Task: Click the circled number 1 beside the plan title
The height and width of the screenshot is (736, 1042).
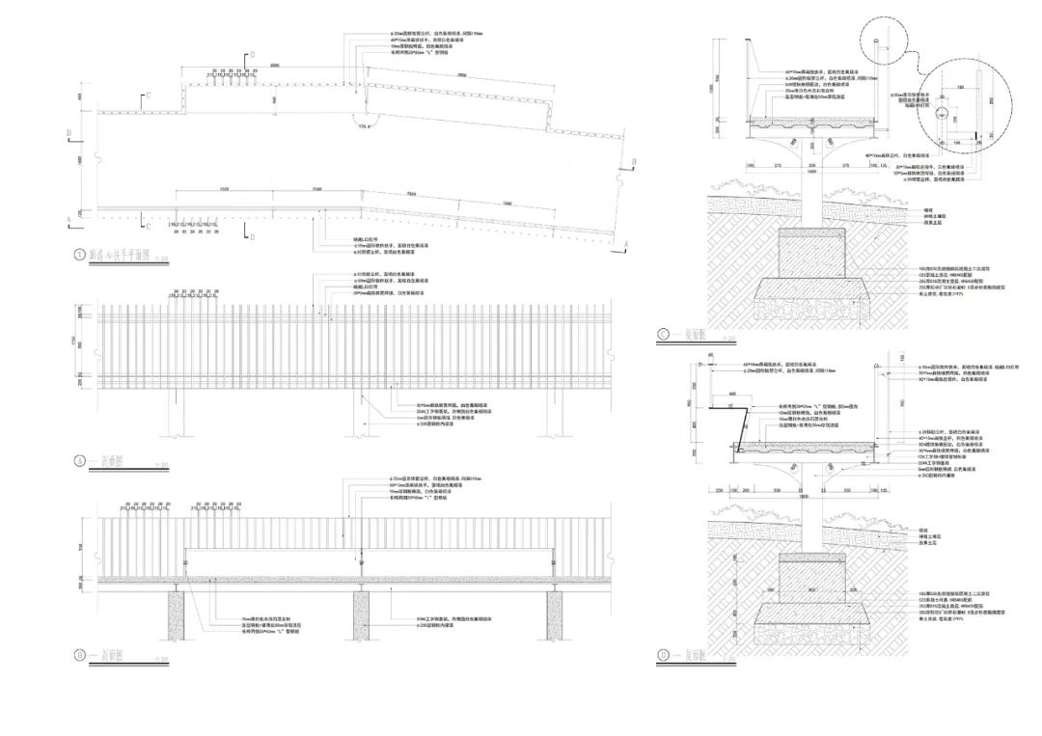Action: [x=80, y=257]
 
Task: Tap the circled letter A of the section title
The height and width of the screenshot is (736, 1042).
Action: [x=80, y=461]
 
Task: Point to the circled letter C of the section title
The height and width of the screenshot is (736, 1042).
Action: [x=663, y=336]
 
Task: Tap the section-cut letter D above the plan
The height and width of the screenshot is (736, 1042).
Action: [x=252, y=57]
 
